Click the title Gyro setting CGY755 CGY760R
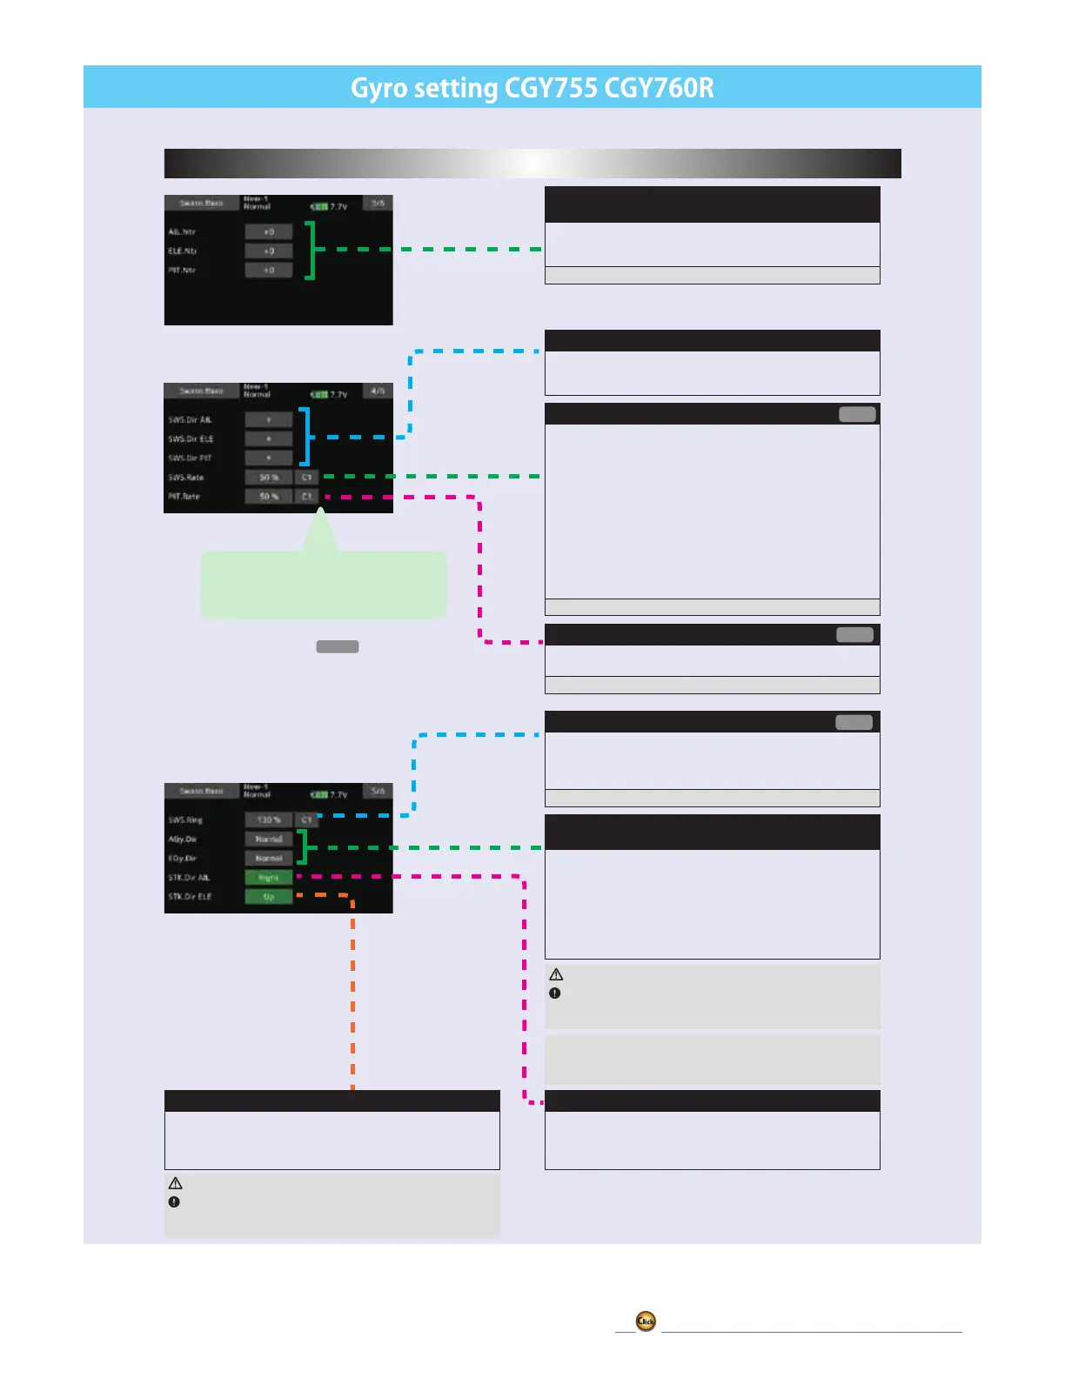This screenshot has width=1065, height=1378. [532, 88]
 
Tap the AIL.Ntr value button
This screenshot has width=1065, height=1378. [268, 232]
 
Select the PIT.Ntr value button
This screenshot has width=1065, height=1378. [268, 271]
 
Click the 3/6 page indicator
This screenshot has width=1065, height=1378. [378, 204]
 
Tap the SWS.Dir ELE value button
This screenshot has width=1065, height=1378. [268, 439]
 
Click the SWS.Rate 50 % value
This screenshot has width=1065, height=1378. [268, 478]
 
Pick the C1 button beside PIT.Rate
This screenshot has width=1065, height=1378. [306, 497]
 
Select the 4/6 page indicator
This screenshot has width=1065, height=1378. [378, 391]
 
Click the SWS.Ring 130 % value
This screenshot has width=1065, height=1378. [268, 820]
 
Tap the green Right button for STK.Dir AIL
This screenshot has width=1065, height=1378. [268, 878]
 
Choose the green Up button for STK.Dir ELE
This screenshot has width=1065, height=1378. [268, 897]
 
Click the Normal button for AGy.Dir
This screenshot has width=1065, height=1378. [268, 840]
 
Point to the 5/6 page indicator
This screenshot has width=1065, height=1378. [378, 792]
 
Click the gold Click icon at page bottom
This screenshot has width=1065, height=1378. [646, 1321]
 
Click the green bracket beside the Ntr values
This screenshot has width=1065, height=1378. [310, 251]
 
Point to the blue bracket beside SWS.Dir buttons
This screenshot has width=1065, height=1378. [305, 437]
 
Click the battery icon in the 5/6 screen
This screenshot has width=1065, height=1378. [319, 795]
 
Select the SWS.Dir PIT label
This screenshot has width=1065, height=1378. [191, 458]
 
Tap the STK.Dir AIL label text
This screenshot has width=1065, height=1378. [189, 878]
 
